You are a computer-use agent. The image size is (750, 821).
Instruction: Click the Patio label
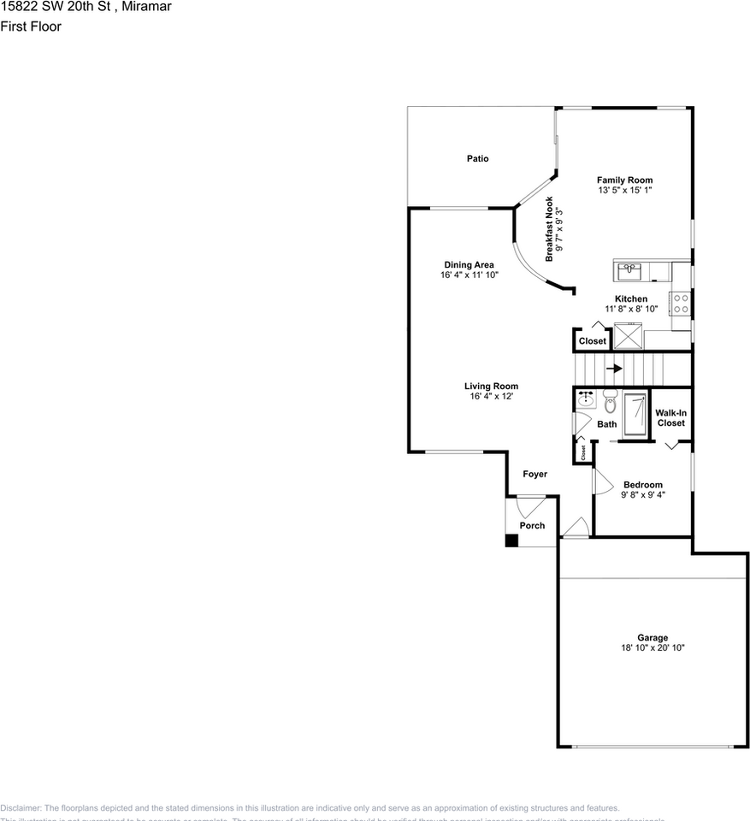(x=477, y=158)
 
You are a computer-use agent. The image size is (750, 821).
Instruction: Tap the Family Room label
(x=624, y=180)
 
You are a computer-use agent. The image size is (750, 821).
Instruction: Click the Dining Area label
(x=469, y=264)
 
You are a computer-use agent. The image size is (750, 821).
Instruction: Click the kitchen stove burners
(x=682, y=304)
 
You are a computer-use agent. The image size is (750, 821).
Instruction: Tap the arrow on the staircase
(x=614, y=369)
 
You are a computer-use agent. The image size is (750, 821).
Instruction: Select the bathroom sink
(x=586, y=399)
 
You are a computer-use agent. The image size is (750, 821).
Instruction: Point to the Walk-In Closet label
(x=671, y=417)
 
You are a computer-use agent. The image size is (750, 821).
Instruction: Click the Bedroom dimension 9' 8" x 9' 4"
(x=642, y=494)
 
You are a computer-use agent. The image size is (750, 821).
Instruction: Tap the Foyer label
(x=535, y=474)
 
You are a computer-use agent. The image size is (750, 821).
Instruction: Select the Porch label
(x=532, y=525)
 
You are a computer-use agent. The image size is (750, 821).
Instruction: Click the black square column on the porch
(x=511, y=540)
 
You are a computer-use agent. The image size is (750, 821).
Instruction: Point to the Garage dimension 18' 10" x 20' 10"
(x=653, y=648)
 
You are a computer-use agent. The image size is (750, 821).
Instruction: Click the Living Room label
(x=491, y=386)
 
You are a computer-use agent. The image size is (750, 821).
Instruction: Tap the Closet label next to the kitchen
(x=592, y=341)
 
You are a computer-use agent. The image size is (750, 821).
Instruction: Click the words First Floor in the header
(x=31, y=27)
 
